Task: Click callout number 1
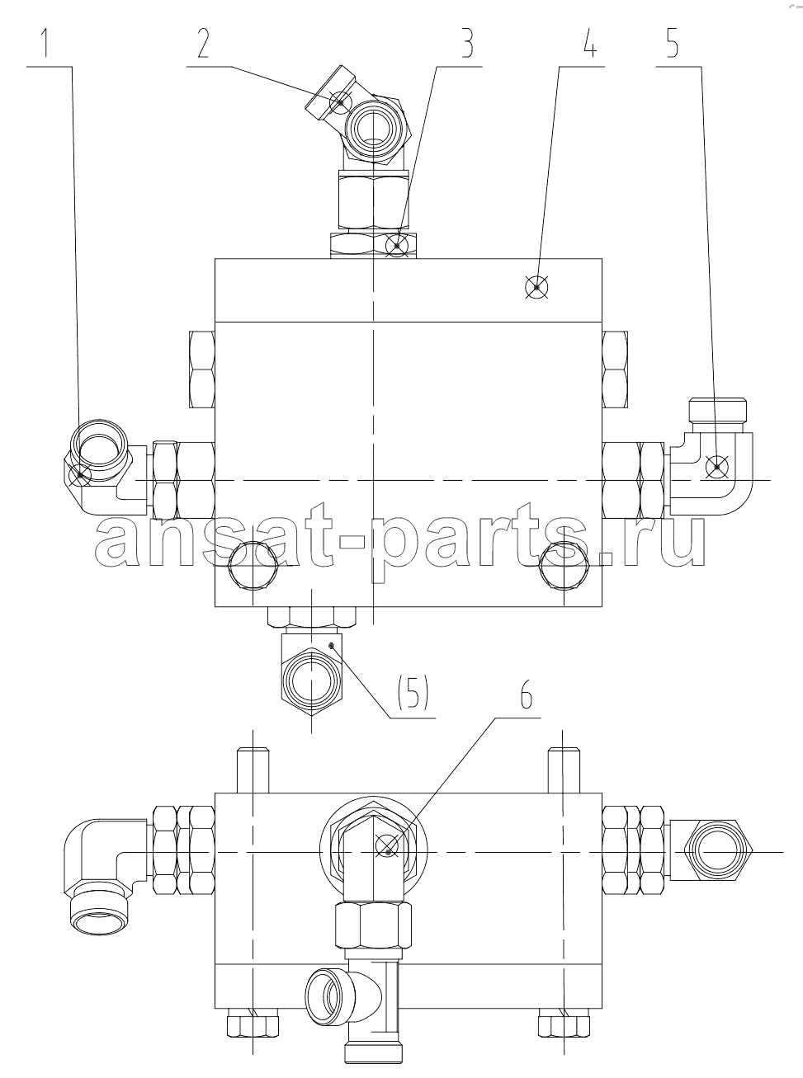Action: (45, 43)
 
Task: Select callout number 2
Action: (203, 43)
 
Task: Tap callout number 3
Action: (466, 43)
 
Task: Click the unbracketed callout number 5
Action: (672, 43)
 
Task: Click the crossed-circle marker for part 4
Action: (536, 287)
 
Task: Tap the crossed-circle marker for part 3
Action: (397, 246)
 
